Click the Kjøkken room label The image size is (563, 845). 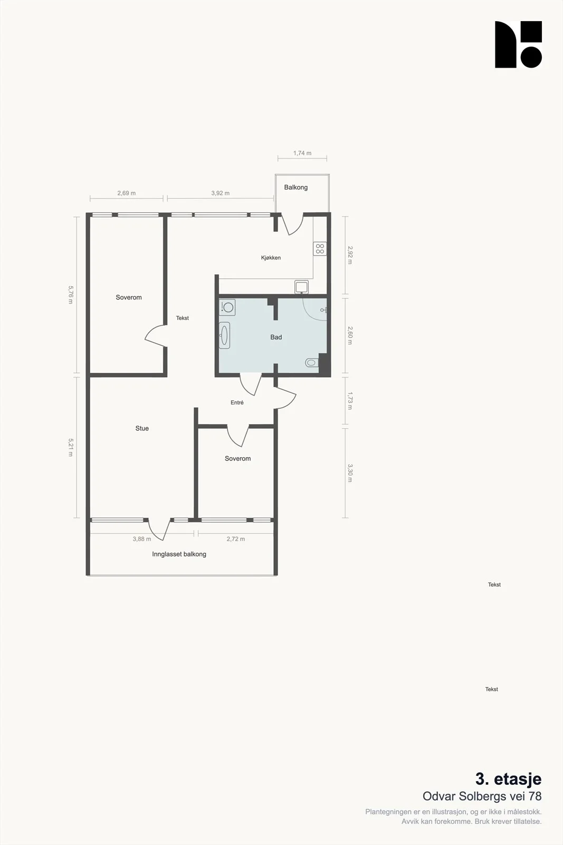tap(271, 258)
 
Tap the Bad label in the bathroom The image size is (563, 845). tap(276, 337)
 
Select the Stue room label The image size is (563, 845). tap(142, 428)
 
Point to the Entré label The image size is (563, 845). tap(237, 402)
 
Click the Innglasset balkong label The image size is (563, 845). tap(179, 554)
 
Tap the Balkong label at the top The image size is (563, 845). tap(296, 187)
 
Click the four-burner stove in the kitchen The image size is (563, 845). tap(320, 249)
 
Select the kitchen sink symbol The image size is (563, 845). tap(301, 287)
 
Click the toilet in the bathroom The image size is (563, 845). tap(312, 363)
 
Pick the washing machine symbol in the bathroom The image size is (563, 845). tap(227, 307)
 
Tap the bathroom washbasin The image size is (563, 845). tap(224, 335)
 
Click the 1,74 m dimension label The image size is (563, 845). tap(302, 153)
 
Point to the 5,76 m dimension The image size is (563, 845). tap(71, 295)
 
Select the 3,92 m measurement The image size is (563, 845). tap(220, 193)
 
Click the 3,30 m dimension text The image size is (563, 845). tap(350, 473)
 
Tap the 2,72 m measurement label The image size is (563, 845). tap(235, 539)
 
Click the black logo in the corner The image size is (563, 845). tap(518, 44)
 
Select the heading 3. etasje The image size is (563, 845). tap(508, 779)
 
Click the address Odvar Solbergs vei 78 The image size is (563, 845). tap(482, 796)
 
